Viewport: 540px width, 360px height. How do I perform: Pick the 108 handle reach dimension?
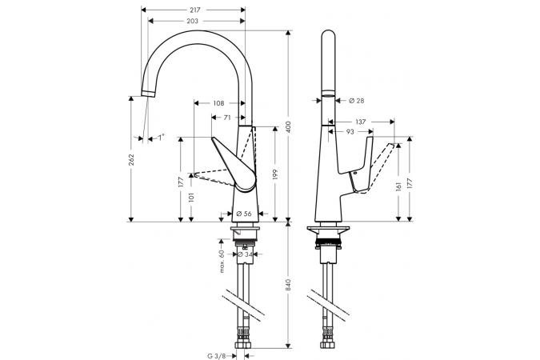coord(218,102)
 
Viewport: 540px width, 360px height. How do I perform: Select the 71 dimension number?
coord(227,117)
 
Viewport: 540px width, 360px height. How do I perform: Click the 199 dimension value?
coord(274,174)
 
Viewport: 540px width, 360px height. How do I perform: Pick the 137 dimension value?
coord(360,122)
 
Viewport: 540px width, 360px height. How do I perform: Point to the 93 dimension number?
coord(350,132)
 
